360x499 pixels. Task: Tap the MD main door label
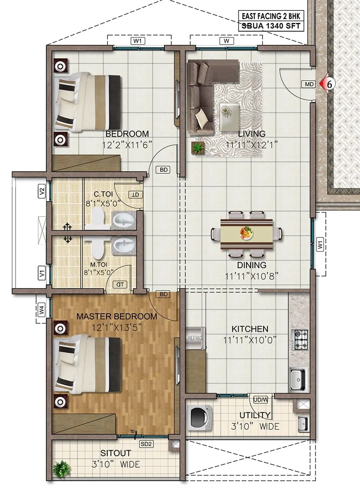coord(309,84)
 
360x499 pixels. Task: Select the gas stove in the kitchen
coord(301,340)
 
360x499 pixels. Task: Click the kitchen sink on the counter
coord(298,380)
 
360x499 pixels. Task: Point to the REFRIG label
coord(195,338)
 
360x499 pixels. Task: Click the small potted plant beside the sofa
coord(198,148)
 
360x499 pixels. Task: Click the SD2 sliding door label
coord(147,444)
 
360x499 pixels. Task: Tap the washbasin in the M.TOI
coord(123,246)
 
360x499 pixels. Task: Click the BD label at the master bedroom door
coord(164,294)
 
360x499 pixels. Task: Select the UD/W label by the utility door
coord(261,399)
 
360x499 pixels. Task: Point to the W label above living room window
coord(226,41)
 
